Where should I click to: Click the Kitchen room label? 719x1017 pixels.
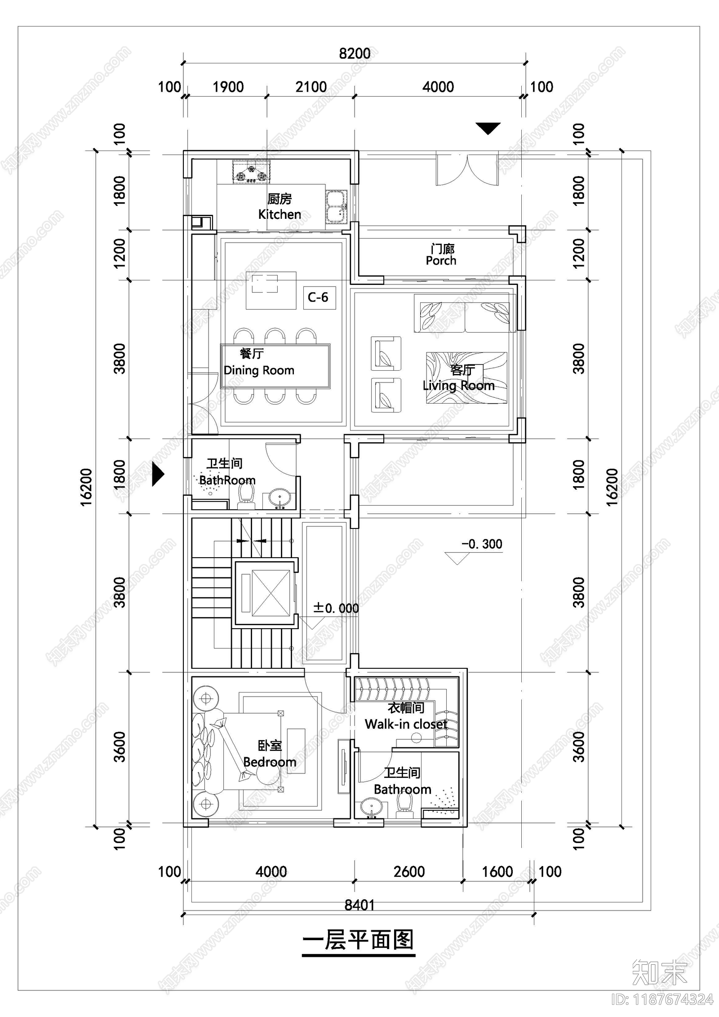tap(280, 214)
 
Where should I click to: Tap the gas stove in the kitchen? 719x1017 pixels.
tap(252, 172)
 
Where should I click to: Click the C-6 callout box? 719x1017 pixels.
tap(319, 297)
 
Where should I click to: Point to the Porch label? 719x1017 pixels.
tap(441, 261)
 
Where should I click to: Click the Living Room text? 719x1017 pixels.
tap(458, 385)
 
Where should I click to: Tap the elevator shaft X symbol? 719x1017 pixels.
tap(271, 593)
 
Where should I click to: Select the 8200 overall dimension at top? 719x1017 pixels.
tap(355, 53)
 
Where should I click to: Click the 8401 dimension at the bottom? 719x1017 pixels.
tap(359, 905)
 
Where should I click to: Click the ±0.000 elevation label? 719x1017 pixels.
tap(336, 608)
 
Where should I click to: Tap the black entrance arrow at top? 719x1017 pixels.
tap(488, 129)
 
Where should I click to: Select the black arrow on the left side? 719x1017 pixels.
tap(158, 474)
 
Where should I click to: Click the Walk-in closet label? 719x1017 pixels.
tap(406, 724)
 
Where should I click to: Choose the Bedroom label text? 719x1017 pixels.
tap(270, 762)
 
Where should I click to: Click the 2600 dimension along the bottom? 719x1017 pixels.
tap(409, 872)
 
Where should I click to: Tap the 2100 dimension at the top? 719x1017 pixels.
tap(311, 87)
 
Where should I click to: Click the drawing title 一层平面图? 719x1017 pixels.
tap(358, 941)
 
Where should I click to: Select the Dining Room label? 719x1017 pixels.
tap(259, 370)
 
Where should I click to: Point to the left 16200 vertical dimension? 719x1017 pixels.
tap(86, 487)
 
